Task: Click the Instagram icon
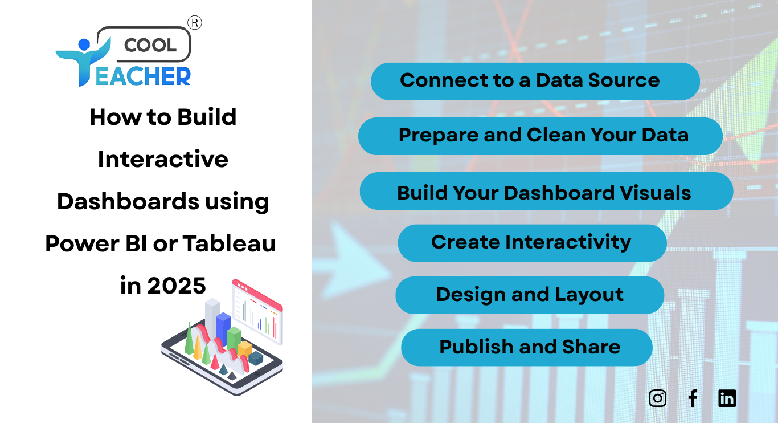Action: pyautogui.click(x=658, y=398)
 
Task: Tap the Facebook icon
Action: pyautogui.click(x=693, y=398)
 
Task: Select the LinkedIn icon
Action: pyautogui.click(x=727, y=398)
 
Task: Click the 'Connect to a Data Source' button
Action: pyautogui.click(x=535, y=81)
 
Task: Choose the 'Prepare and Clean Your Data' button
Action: pyautogui.click(x=540, y=136)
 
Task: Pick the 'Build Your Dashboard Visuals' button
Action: pyautogui.click(x=546, y=192)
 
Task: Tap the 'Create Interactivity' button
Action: pyautogui.click(x=532, y=243)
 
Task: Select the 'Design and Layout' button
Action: pyautogui.click(x=530, y=295)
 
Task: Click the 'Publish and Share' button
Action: pyautogui.click(x=527, y=347)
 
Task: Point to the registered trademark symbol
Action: pyautogui.click(x=195, y=23)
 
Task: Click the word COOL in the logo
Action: pyautogui.click(x=150, y=45)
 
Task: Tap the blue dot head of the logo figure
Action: pyautogui.click(x=84, y=44)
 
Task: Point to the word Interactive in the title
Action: pyautogui.click(x=163, y=159)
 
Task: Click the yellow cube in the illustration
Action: pyautogui.click(x=244, y=348)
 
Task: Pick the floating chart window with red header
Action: pyautogui.click(x=257, y=311)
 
